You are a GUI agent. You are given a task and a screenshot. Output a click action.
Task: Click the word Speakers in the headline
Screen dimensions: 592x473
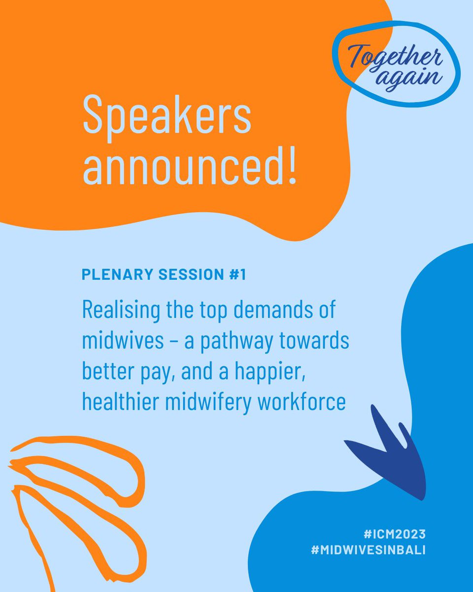167,117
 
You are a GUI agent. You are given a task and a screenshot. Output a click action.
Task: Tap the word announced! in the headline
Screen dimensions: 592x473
190,167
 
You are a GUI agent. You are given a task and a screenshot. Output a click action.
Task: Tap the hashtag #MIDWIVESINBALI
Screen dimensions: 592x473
368,550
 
